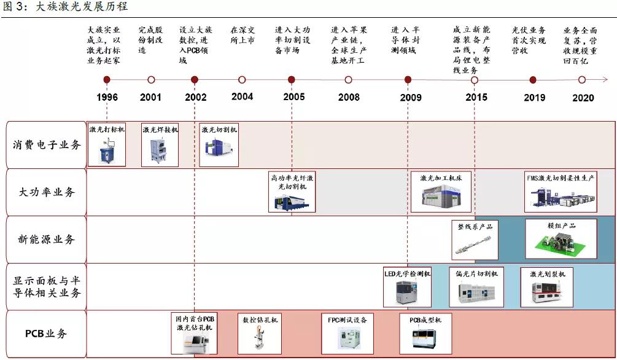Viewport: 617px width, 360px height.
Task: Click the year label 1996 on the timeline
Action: click(x=107, y=97)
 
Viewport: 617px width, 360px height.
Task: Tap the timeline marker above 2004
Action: click(x=242, y=80)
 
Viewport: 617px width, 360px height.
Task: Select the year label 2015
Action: click(x=476, y=97)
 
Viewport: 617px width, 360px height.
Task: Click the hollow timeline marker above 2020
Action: click(x=582, y=80)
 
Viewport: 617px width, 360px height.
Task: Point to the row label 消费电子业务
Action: click(x=47, y=146)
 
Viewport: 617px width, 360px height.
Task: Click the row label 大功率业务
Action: click(x=47, y=192)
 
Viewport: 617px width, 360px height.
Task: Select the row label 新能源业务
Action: click(x=47, y=239)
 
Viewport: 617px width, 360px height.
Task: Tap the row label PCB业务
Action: click(x=47, y=334)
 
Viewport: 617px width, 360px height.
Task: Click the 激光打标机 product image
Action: click(x=107, y=149)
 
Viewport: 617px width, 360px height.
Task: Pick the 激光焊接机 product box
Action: click(x=160, y=149)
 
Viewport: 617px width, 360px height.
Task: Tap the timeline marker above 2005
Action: click(x=291, y=80)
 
